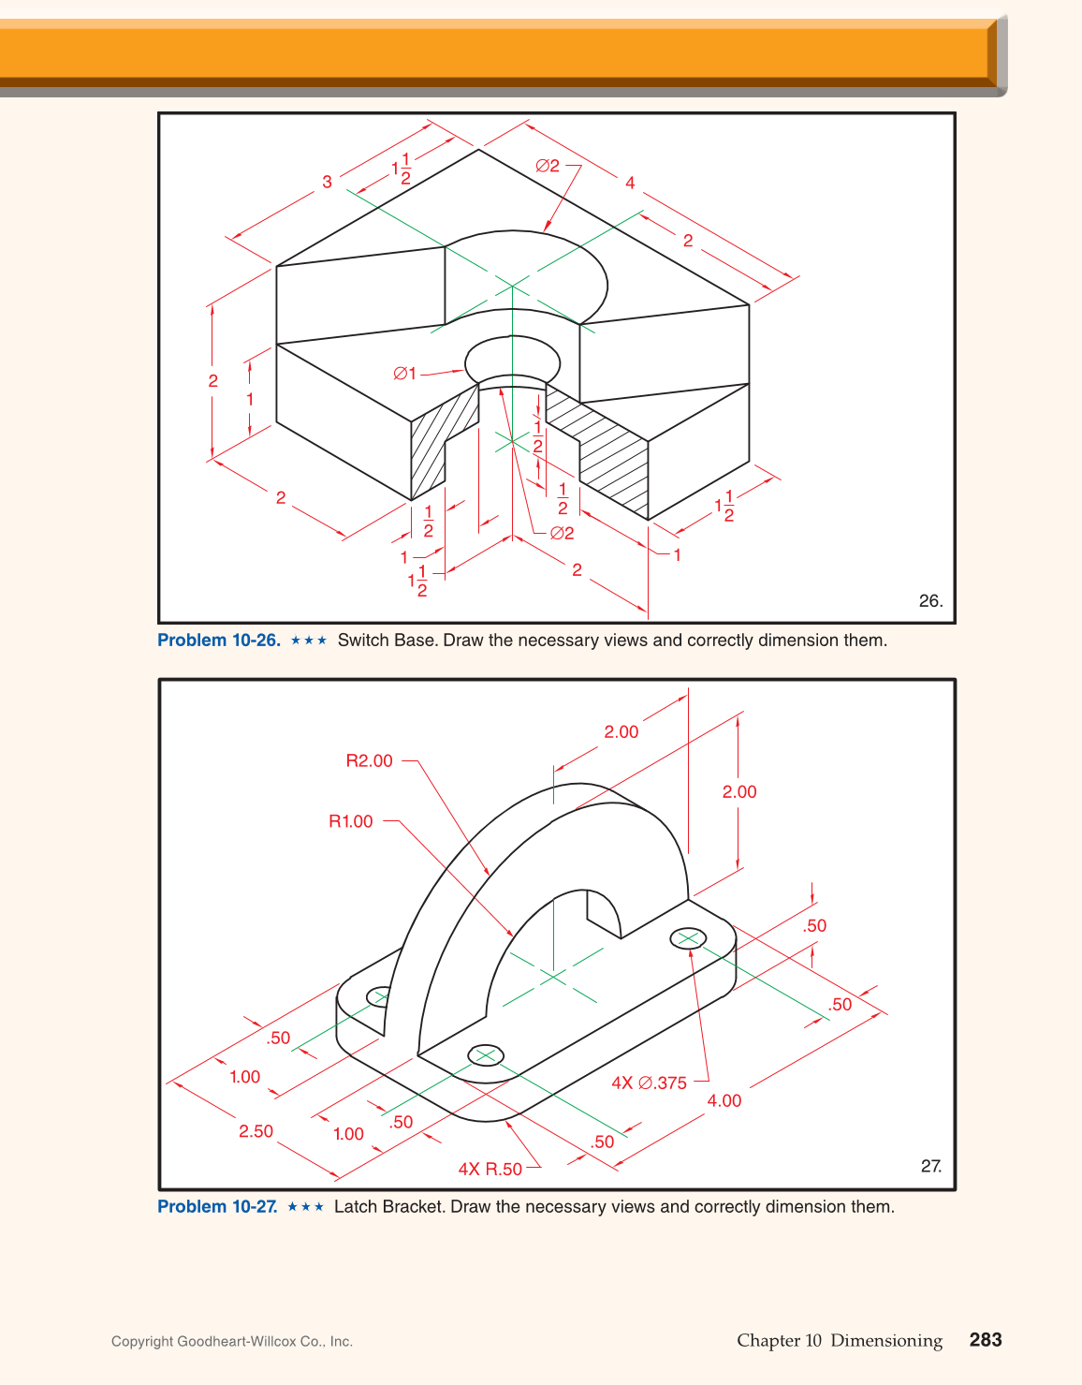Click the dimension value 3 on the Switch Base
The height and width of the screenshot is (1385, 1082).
click(327, 182)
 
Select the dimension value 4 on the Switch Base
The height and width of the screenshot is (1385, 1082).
click(630, 183)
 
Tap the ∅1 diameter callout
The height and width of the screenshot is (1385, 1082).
click(404, 374)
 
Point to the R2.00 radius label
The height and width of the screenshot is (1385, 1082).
click(369, 761)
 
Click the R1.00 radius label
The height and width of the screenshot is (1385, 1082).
click(350, 821)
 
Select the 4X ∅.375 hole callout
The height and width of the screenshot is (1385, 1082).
click(649, 1083)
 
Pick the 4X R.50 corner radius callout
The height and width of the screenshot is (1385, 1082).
click(490, 1169)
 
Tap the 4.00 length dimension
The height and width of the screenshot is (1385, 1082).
click(724, 1100)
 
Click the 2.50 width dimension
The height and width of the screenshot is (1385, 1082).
click(256, 1131)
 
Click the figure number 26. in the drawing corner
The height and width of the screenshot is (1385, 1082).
click(929, 601)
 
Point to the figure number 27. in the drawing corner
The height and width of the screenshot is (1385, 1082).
click(930, 1166)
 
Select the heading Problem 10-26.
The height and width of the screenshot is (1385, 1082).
click(218, 641)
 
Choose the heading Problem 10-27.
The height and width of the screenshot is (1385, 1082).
click(216, 1206)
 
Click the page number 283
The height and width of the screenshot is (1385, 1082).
click(985, 1340)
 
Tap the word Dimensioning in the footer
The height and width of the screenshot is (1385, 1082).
click(885, 1340)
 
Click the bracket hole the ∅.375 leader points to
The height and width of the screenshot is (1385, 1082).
click(689, 937)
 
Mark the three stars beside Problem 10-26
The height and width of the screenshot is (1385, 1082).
click(309, 641)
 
